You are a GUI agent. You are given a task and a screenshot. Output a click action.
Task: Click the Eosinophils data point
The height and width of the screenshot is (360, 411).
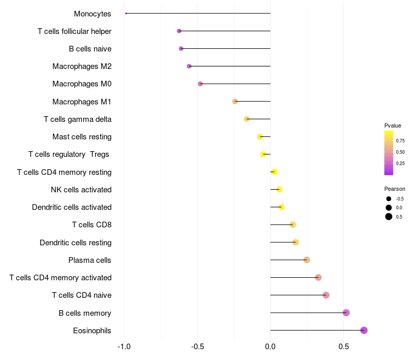tap(364, 330)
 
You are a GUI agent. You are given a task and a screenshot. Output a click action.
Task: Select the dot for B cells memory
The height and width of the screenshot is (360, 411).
tap(346, 313)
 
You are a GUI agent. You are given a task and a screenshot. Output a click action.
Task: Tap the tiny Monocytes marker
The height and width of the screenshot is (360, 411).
tap(126, 13)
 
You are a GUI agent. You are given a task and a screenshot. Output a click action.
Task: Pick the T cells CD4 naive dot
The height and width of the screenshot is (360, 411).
tap(326, 295)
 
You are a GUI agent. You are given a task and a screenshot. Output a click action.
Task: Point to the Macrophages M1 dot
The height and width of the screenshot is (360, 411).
tap(235, 101)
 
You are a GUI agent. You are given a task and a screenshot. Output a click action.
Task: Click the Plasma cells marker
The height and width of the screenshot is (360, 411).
tap(307, 260)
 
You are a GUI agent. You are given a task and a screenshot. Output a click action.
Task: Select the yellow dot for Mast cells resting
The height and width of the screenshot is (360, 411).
tap(260, 136)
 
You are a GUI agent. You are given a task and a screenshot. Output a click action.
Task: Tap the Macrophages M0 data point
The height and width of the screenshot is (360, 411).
tap(200, 84)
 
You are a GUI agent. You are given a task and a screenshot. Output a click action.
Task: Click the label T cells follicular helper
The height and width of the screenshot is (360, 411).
tap(74, 31)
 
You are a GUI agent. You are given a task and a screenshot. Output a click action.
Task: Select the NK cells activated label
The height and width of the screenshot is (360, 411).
tap(81, 190)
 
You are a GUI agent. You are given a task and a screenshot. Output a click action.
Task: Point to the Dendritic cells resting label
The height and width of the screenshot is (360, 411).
tap(76, 242)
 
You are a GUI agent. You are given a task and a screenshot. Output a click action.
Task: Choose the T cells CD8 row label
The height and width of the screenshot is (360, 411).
tap(91, 225)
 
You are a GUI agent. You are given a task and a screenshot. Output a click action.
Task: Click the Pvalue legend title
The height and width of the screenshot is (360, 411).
tap(393, 125)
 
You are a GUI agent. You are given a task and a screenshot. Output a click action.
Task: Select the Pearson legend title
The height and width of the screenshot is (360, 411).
tap(395, 189)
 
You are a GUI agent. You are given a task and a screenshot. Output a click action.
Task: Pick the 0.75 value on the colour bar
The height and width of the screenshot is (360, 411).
tap(400, 140)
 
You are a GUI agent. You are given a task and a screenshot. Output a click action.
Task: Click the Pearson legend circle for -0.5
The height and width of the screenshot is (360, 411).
tap(389, 199)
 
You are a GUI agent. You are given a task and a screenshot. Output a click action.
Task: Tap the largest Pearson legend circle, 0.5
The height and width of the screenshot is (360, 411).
tap(389, 217)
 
